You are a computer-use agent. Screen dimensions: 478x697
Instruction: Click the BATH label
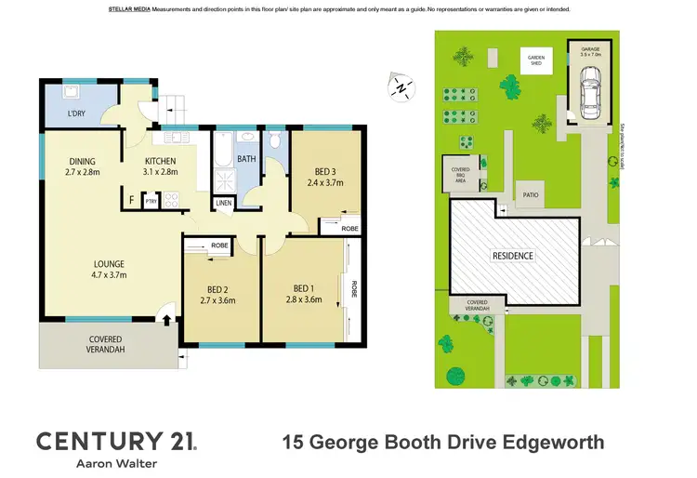245,159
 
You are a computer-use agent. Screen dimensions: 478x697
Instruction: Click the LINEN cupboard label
224,203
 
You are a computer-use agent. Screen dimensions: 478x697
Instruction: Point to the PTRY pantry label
151,200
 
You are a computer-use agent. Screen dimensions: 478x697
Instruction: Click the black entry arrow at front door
167,322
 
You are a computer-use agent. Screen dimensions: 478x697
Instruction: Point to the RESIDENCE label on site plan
512,255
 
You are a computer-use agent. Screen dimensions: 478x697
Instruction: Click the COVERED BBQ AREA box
460,173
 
